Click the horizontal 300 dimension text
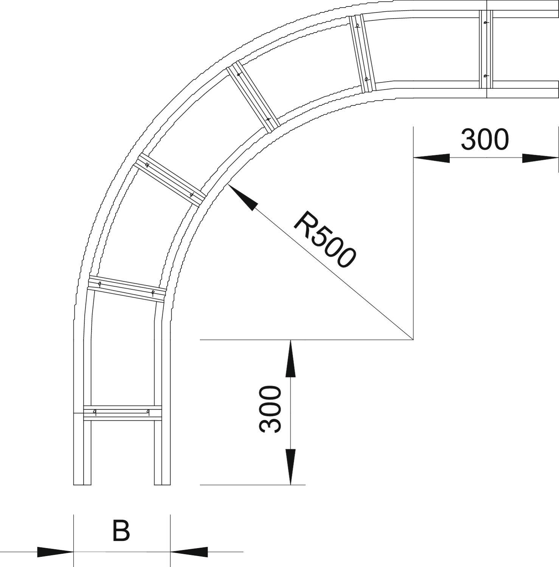pyautogui.click(x=484, y=139)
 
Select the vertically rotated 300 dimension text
pyautogui.click(x=271, y=409)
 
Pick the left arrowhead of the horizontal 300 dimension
pyautogui.click(x=431, y=158)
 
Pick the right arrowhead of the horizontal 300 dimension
pyautogui.click(x=540, y=158)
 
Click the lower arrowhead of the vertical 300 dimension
pyautogui.click(x=290, y=466)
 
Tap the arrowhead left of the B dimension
pyautogui.click(x=55, y=552)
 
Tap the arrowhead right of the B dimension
pyautogui.click(x=189, y=552)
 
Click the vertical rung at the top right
pyautogui.click(x=486, y=49)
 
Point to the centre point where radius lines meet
pyautogui.click(x=413, y=340)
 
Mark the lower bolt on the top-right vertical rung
pyautogui.click(x=485, y=76)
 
